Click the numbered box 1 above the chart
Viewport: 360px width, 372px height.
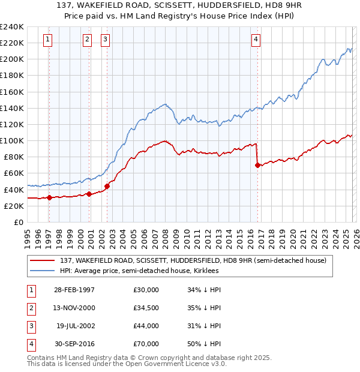pos(48,40)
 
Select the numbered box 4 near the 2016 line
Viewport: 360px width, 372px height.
pos(256,40)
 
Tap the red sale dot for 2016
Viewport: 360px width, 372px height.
pos(257,165)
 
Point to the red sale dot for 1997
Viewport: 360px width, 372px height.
pos(49,198)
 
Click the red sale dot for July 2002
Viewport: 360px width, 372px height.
pos(107,186)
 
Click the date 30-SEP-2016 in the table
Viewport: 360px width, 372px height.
pos(76,344)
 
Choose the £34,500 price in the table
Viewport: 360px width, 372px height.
pos(146,308)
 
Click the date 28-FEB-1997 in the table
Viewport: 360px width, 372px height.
pos(76,290)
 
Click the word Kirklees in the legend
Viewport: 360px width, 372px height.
pos(206,271)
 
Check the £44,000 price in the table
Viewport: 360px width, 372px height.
pos(146,326)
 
